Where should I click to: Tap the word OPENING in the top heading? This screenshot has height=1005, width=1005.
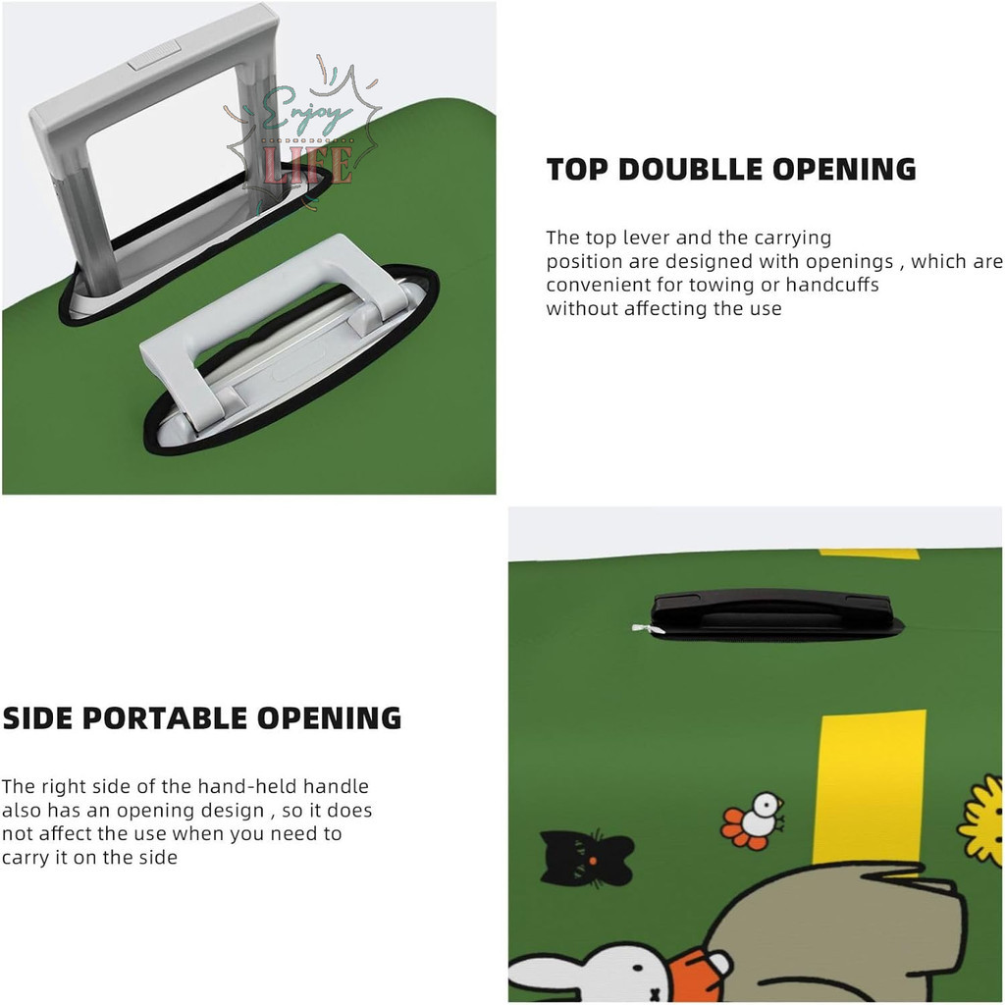pos(844,169)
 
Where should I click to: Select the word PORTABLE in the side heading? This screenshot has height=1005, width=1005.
pos(165,718)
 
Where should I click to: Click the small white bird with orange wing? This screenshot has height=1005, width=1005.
pos(755,821)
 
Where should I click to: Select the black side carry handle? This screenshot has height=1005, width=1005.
pos(771,613)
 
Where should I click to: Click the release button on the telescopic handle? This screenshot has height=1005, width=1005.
pos(154,55)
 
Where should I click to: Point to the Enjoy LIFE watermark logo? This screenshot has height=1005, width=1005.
pos(301,137)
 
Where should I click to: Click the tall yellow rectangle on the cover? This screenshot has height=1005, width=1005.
pos(870,788)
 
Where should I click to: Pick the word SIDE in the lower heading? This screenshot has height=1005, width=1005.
pos(38,718)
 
